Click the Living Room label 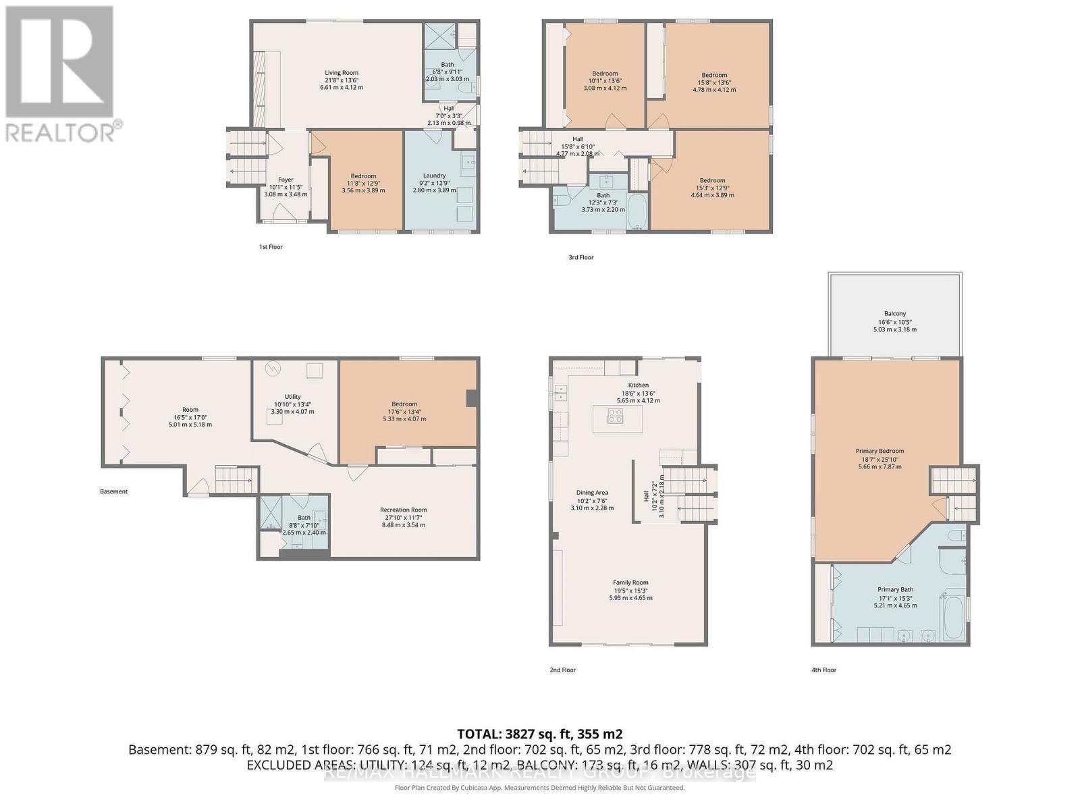point(342,73)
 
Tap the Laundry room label point(434,175)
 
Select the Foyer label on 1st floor point(286,180)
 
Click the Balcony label point(895,314)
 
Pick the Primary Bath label point(895,590)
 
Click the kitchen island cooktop point(616,416)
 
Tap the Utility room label point(292,397)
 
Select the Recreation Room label point(404,510)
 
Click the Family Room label point(630,583)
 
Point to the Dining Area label point(592,493)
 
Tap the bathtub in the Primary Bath point(953,616)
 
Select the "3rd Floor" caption point(581,257)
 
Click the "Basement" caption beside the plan point(113,491)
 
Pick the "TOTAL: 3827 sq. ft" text point(539,734)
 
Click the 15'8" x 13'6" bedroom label point(714,76)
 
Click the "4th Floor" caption point(823,670)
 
